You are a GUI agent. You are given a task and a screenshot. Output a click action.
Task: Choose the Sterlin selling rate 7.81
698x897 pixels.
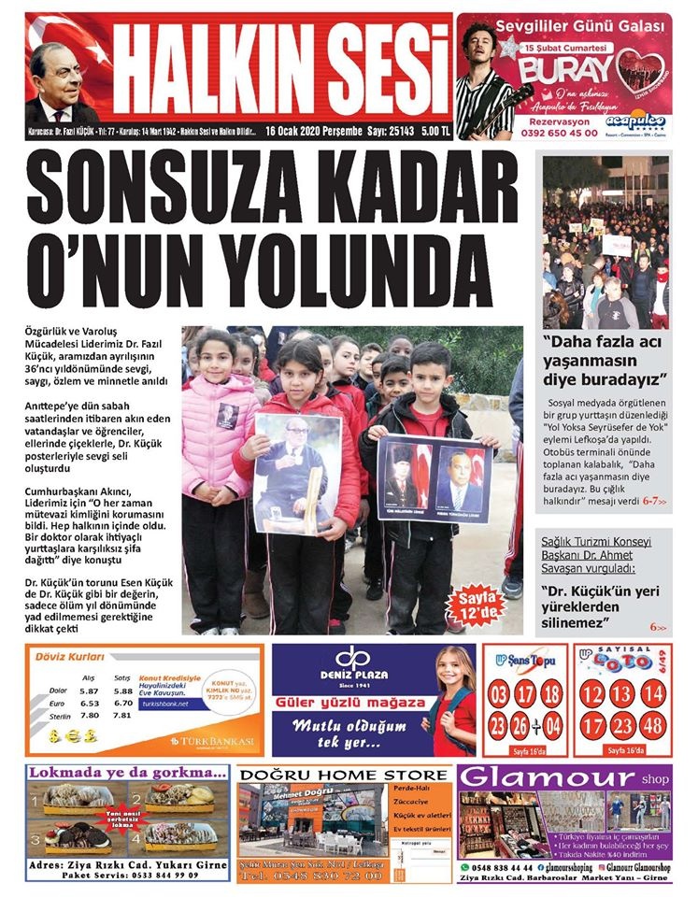[122, 716]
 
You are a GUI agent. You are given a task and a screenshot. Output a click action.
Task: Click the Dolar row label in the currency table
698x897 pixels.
[58, 691]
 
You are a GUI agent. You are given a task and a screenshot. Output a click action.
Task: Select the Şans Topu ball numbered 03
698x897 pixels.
[499, 694]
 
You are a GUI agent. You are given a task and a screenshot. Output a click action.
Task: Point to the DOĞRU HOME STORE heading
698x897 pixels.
[343, 775]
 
